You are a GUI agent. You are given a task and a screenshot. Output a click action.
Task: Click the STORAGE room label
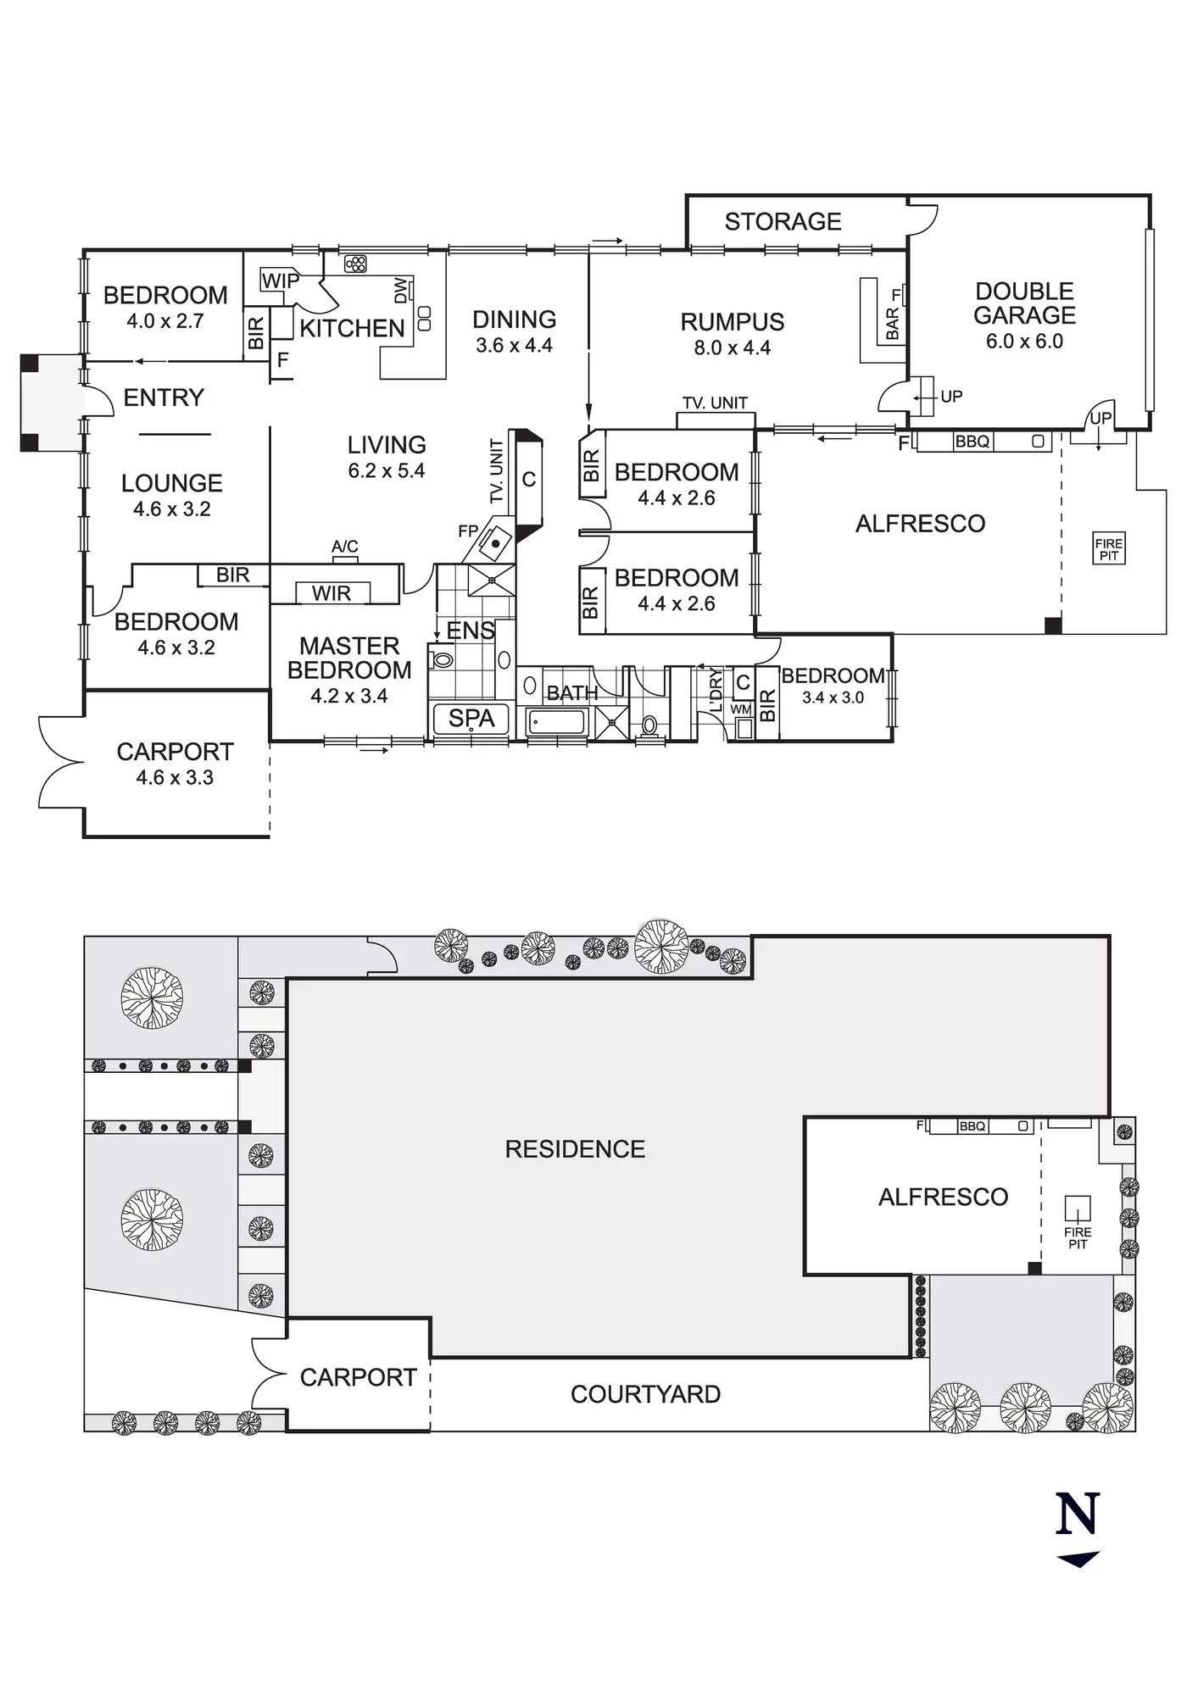783,222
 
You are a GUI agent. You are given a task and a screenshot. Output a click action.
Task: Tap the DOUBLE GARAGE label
1024,303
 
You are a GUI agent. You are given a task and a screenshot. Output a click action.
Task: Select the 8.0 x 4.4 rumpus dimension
732,347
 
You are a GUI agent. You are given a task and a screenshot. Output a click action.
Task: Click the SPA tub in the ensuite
471,719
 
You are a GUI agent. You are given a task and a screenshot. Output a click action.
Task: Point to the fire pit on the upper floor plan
1108,550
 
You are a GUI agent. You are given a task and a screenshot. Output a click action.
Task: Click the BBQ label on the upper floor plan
972,442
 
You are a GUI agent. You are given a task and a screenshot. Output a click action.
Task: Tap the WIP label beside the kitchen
280,281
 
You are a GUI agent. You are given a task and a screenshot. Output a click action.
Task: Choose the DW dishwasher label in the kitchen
401,291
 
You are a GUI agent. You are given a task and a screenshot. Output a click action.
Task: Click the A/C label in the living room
344,547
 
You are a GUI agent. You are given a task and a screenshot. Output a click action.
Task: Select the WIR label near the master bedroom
331,593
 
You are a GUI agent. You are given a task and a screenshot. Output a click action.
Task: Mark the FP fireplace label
468,531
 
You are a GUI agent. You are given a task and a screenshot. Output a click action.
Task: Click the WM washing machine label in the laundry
740,709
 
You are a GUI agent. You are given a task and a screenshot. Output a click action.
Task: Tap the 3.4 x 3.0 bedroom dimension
833,697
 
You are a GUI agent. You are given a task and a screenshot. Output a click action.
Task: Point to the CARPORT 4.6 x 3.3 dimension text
175,777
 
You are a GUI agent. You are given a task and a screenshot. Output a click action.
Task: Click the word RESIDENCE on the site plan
575,1149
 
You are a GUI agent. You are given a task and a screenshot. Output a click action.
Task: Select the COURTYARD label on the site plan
645,1394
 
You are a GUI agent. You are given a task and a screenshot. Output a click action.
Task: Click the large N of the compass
1078,1514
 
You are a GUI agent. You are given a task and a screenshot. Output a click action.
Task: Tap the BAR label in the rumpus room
892,325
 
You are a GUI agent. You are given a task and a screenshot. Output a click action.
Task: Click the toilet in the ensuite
442,659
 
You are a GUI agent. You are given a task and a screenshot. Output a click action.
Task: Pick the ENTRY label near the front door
164,397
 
